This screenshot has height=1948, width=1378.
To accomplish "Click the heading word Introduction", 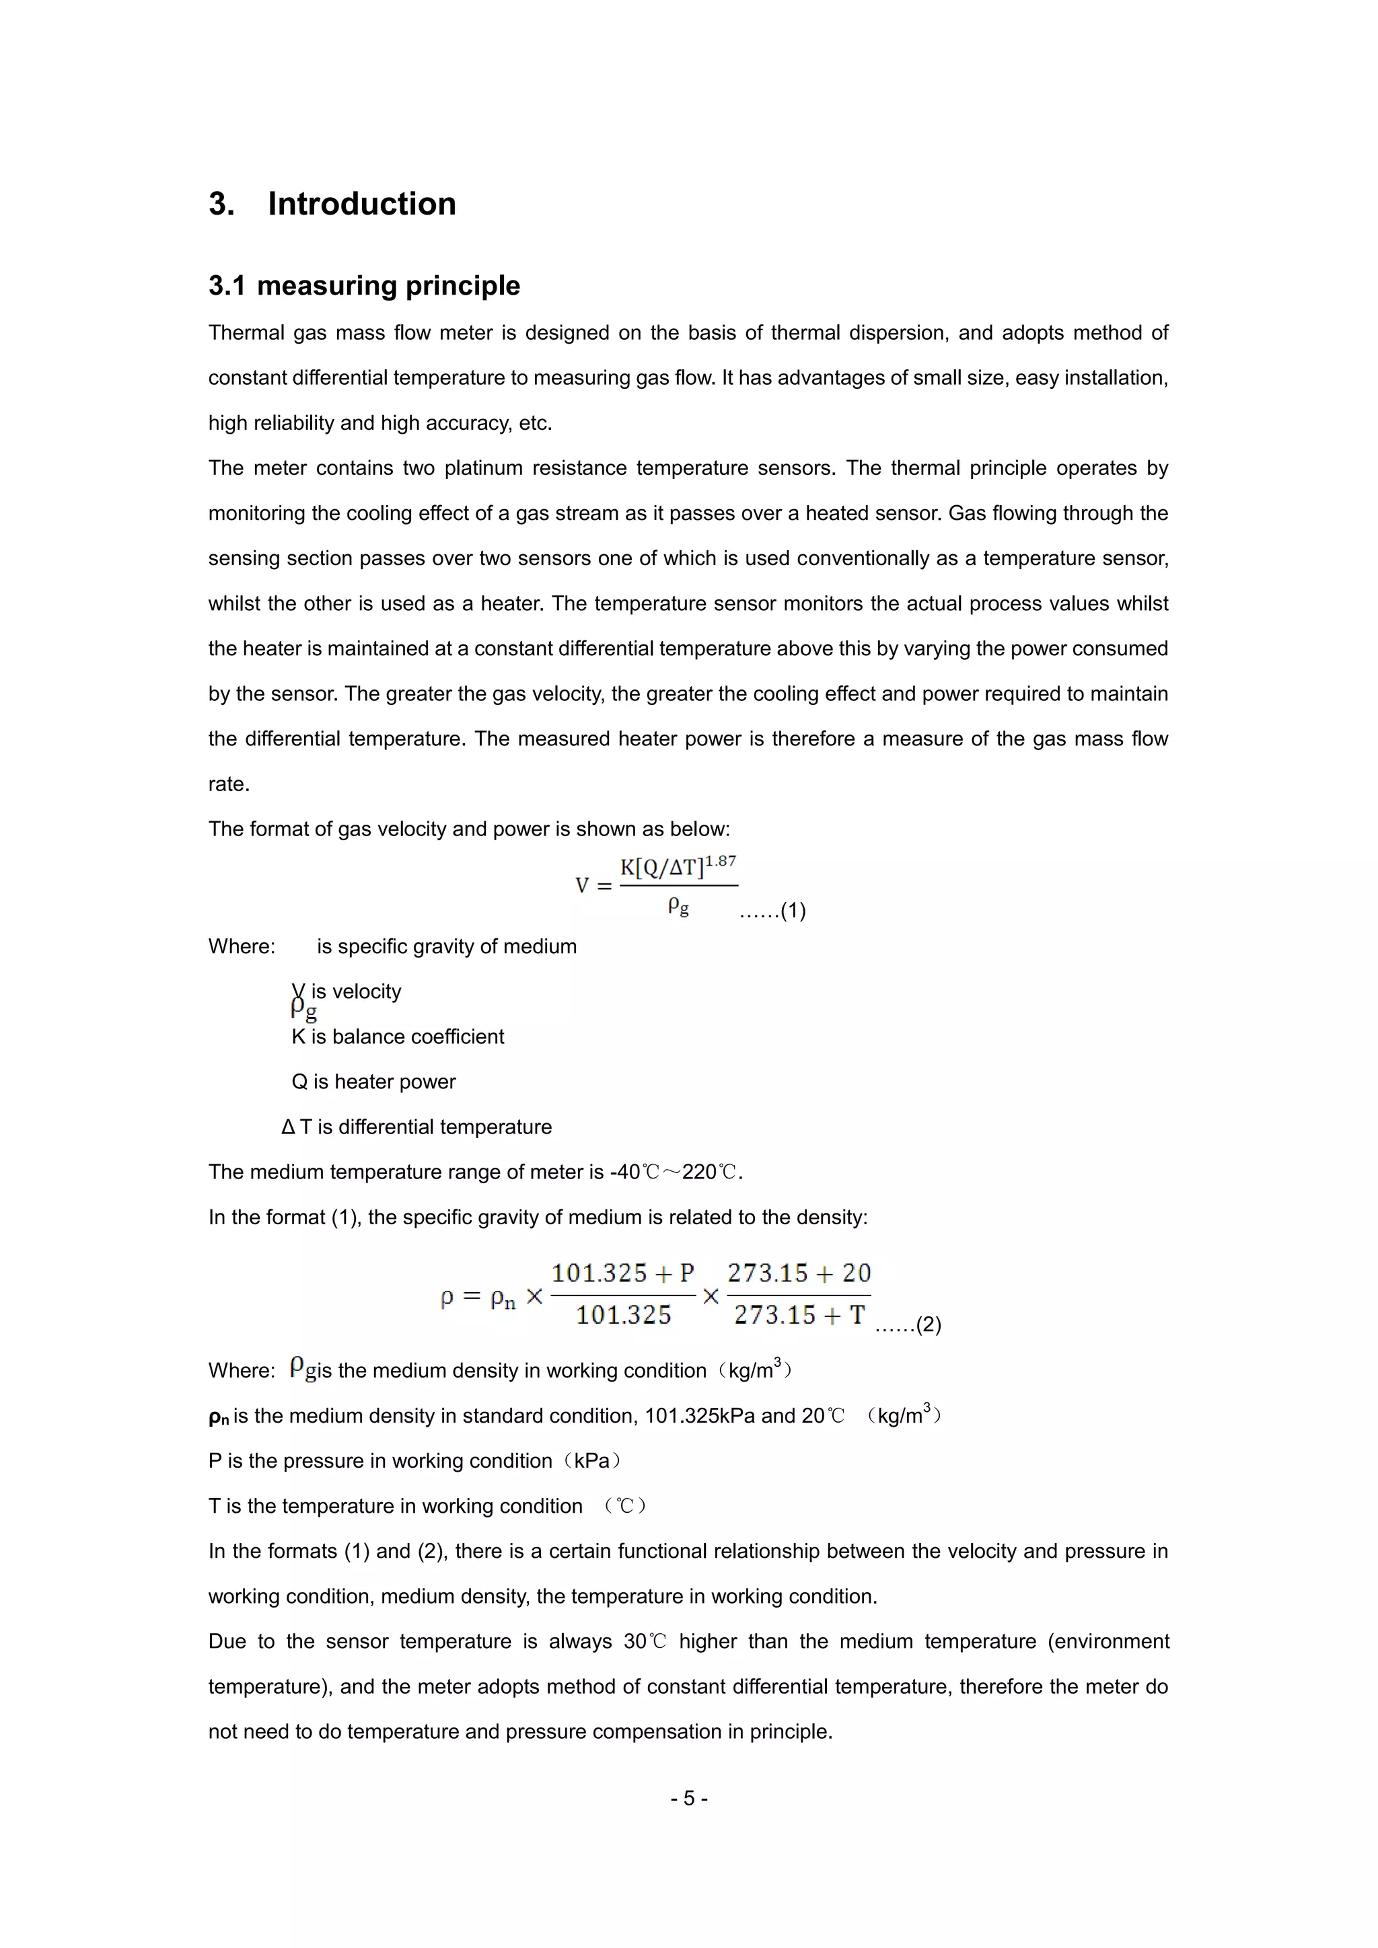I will click(361, 204).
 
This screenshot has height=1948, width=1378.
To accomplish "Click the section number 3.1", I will click(227, 286).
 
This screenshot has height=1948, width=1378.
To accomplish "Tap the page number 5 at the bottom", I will click(689, 1798).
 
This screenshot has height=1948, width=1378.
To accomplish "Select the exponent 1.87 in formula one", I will click(721, 860).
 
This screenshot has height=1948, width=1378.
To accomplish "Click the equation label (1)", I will click(793, 911).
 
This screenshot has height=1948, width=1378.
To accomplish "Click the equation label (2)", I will click(929, 1324).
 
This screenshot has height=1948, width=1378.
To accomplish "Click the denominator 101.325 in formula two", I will click(624, 1315).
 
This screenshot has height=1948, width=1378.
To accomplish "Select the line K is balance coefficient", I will click(397, 1037).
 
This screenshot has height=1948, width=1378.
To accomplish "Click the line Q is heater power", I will click(373, 1082).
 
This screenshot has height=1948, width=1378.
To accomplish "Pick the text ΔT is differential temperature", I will click(416, 1127).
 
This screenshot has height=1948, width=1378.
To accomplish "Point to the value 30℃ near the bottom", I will click(645, 1642).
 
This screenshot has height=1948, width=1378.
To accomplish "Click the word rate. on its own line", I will click(229, 784).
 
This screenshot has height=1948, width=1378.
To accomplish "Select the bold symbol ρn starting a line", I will click(218, 1417).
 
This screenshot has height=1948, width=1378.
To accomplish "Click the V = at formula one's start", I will click(593, 886).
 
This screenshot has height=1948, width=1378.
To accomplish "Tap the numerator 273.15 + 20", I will click(799, 1273).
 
